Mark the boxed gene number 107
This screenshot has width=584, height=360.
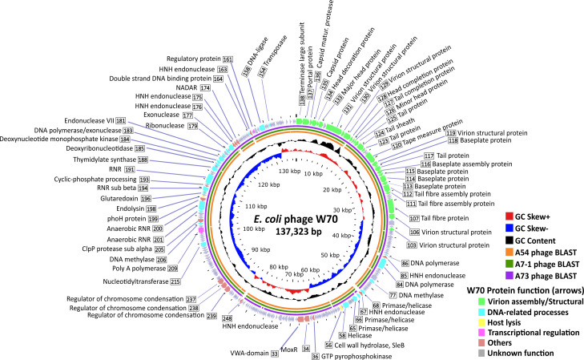414,218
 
